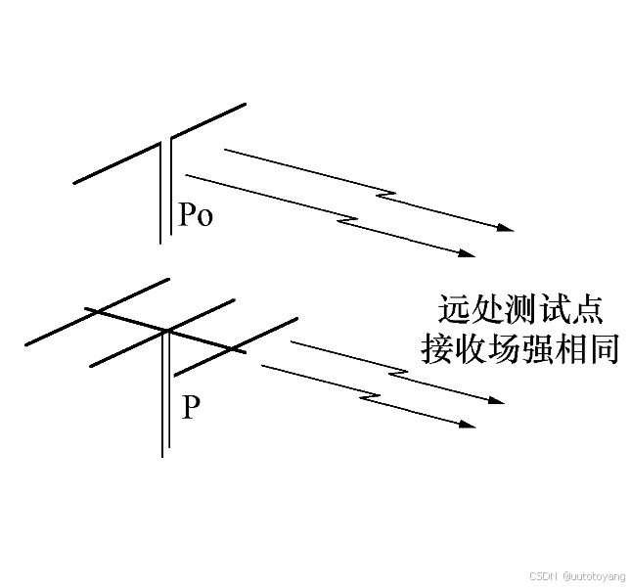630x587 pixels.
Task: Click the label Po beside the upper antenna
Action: pos(195,215)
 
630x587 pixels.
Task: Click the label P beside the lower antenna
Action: pos(192,407)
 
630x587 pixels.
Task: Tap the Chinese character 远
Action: pos(452,311)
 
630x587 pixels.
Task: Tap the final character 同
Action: pos(598,349)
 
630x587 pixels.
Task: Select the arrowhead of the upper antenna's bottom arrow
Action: pos(468,253)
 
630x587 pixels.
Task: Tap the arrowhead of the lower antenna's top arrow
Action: pos(496,400)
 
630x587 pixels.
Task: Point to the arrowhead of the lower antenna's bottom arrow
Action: pos(468,425)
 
